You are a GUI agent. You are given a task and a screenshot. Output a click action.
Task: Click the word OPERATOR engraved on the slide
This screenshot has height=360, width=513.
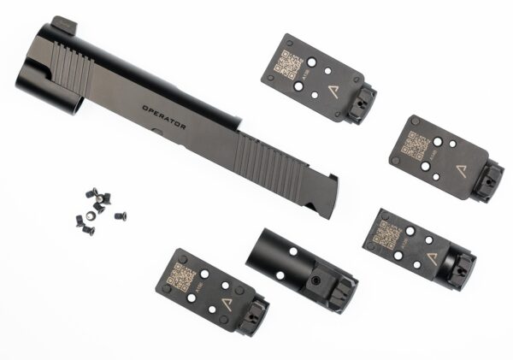164,121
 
